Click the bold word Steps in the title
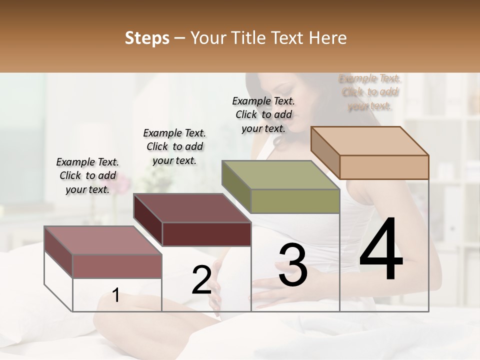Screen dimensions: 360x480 (147, 38)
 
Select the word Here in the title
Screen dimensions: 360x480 (328, 38)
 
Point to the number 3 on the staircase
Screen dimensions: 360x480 (293, 265)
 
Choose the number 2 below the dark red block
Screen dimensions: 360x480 (201, 280)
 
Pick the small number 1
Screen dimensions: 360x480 (116, 295)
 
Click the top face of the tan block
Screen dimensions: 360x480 (370, 140)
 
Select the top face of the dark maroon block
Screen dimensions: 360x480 (192, 208)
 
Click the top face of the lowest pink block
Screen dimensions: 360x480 (103, 240)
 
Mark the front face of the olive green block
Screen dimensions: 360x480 (295, 201)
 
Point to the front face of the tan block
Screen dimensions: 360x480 (384, 167)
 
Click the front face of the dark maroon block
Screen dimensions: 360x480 (206, 234)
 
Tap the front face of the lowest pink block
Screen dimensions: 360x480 (117, 266)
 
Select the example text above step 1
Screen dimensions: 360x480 (87, 175)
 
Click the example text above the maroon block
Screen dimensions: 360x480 (174, 146)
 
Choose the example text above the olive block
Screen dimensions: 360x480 (263, 114)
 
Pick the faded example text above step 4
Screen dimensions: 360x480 (370, 92)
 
